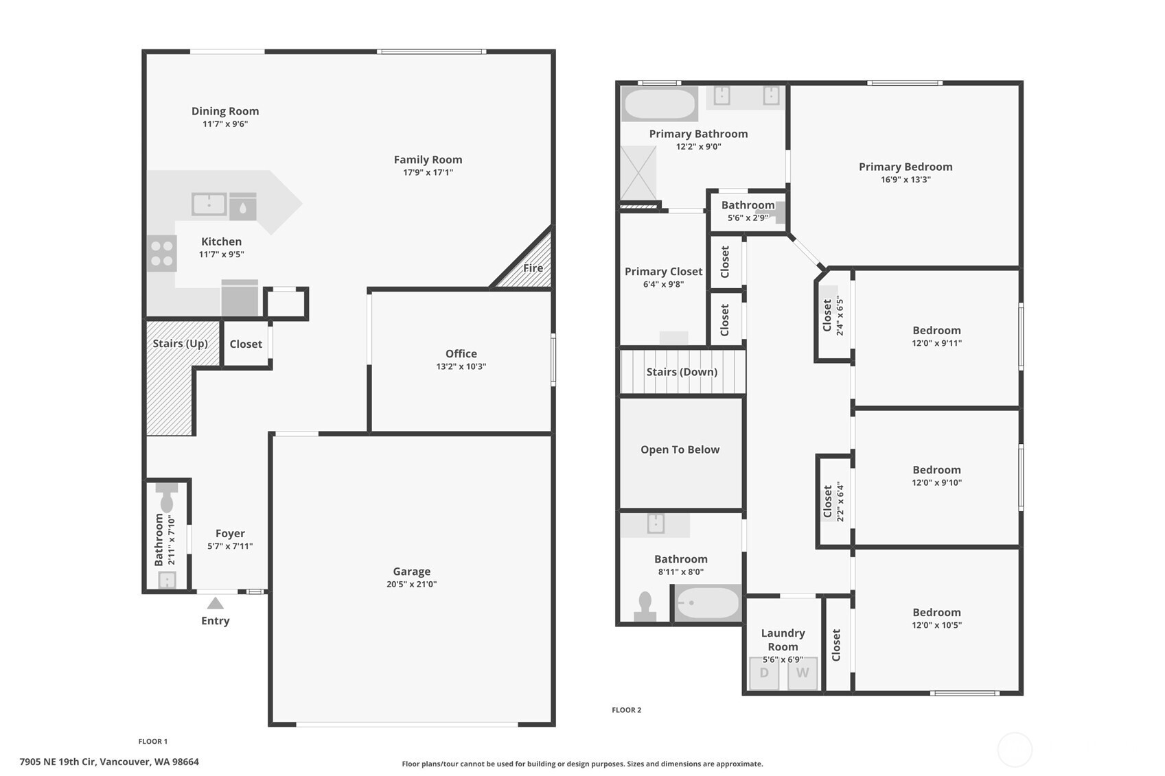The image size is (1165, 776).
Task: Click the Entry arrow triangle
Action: click(x=216, y=603)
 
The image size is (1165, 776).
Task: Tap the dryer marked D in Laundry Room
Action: click(x=764, y=673)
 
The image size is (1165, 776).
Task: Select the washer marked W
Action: click(x=803, y=673)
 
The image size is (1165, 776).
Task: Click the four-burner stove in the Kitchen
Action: click(x=162, y=253)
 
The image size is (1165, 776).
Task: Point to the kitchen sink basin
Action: click(x=209, y=204)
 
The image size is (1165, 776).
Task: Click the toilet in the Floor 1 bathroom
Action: click(x=166, y=498)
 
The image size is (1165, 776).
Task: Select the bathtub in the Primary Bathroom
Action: click(x=660, y=104)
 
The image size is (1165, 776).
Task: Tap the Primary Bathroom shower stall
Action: click(x=638, y=173)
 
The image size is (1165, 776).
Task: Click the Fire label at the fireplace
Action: click(x=533, y=268)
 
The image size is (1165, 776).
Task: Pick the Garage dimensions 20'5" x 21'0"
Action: click(x=411, y=584)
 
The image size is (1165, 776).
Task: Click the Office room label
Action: click(x=461, y=353)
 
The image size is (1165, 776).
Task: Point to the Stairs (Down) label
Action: click(x=682, y=372)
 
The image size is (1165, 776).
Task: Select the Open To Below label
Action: click(x=680, y=449)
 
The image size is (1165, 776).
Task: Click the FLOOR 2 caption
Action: click(x=627, y=710)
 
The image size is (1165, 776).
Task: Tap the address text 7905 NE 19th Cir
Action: click(x=58, y=762)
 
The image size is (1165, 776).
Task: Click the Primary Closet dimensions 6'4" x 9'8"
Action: click(x=664, y=284)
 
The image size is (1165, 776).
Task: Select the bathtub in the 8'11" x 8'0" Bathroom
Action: click(x=707, y=603)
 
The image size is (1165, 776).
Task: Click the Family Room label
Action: click(x=428, y=160)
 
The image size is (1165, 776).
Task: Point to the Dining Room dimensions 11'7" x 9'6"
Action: click(x=225, y=124)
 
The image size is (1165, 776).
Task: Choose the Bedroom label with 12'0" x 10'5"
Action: click(x=936, y=612)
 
